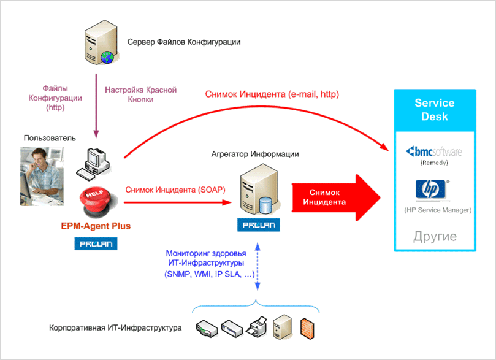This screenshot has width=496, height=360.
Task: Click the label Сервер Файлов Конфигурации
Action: tap(184, 42)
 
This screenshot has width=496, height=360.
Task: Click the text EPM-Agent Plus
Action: tap(96, 226)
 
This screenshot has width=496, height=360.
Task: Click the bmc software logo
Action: tap(435, 151)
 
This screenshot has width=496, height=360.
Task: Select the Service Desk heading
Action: tap(434, 110)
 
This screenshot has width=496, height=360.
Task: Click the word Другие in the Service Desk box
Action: tap(435, 236)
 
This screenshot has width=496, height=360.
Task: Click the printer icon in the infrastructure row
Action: tap(257, 327)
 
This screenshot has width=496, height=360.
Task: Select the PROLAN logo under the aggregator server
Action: tap(258, 225)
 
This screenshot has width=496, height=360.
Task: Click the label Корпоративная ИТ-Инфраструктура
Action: tap(115, 328)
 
